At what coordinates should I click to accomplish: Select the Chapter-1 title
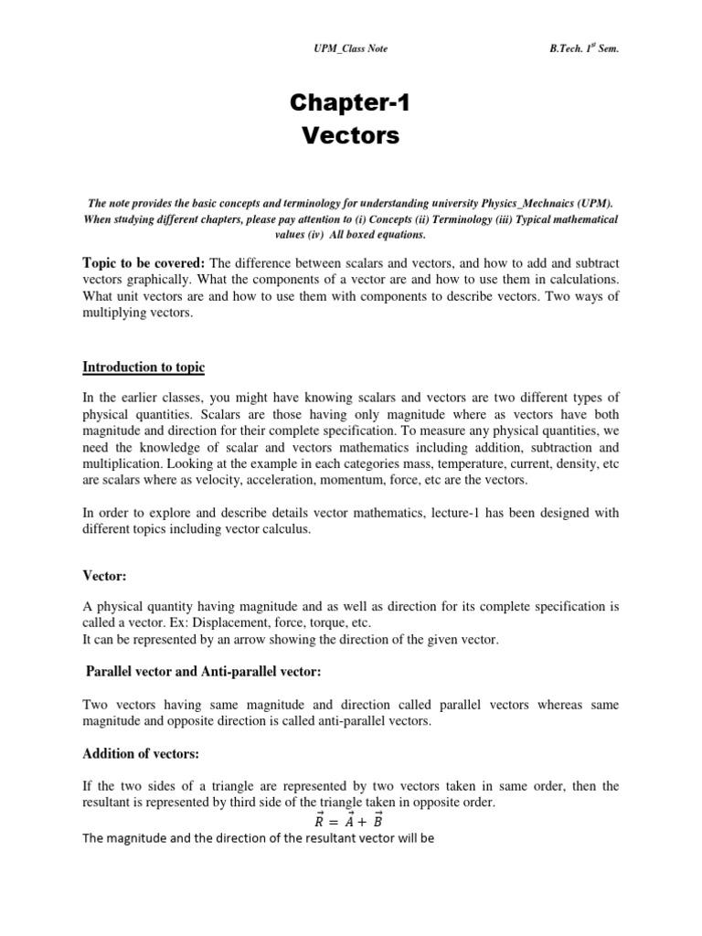(350, 104)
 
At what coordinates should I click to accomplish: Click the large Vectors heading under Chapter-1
(350, 136)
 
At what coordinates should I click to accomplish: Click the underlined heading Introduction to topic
(144, 367)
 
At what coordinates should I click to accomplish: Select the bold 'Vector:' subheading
(104, 577)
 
